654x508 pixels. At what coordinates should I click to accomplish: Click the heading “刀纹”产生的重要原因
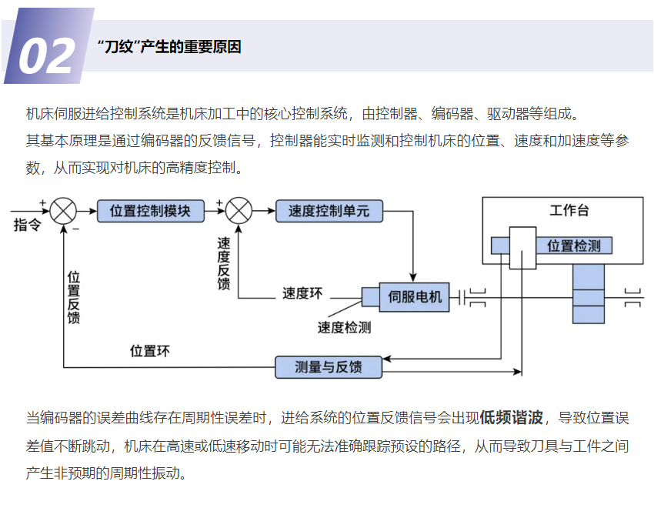170,47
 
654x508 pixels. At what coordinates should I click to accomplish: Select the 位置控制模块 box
151,210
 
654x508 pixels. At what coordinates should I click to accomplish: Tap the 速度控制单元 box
329,210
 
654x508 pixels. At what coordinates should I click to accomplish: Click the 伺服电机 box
415,296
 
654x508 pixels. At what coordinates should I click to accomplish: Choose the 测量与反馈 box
329,366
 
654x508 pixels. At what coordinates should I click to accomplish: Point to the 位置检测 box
579,246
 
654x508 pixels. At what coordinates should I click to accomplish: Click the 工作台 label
569,211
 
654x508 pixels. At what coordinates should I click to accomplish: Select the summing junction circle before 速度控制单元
240,210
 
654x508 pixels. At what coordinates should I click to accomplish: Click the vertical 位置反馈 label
74,296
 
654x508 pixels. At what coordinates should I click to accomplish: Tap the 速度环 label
302,292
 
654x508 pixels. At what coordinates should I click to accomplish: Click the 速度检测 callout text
344,327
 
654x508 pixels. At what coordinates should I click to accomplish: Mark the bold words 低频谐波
512,418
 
